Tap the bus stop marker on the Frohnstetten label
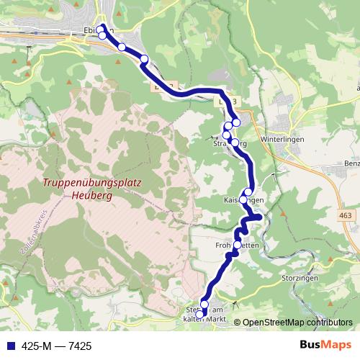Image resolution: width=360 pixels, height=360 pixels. point(238,245)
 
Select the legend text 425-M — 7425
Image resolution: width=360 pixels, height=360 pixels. point(57,346)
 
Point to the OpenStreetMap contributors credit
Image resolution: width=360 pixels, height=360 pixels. point(297,323)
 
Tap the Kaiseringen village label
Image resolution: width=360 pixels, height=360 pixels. point(245,199)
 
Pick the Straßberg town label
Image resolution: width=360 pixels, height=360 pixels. point(230,144)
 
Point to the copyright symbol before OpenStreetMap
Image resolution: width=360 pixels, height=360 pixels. point(238,323)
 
